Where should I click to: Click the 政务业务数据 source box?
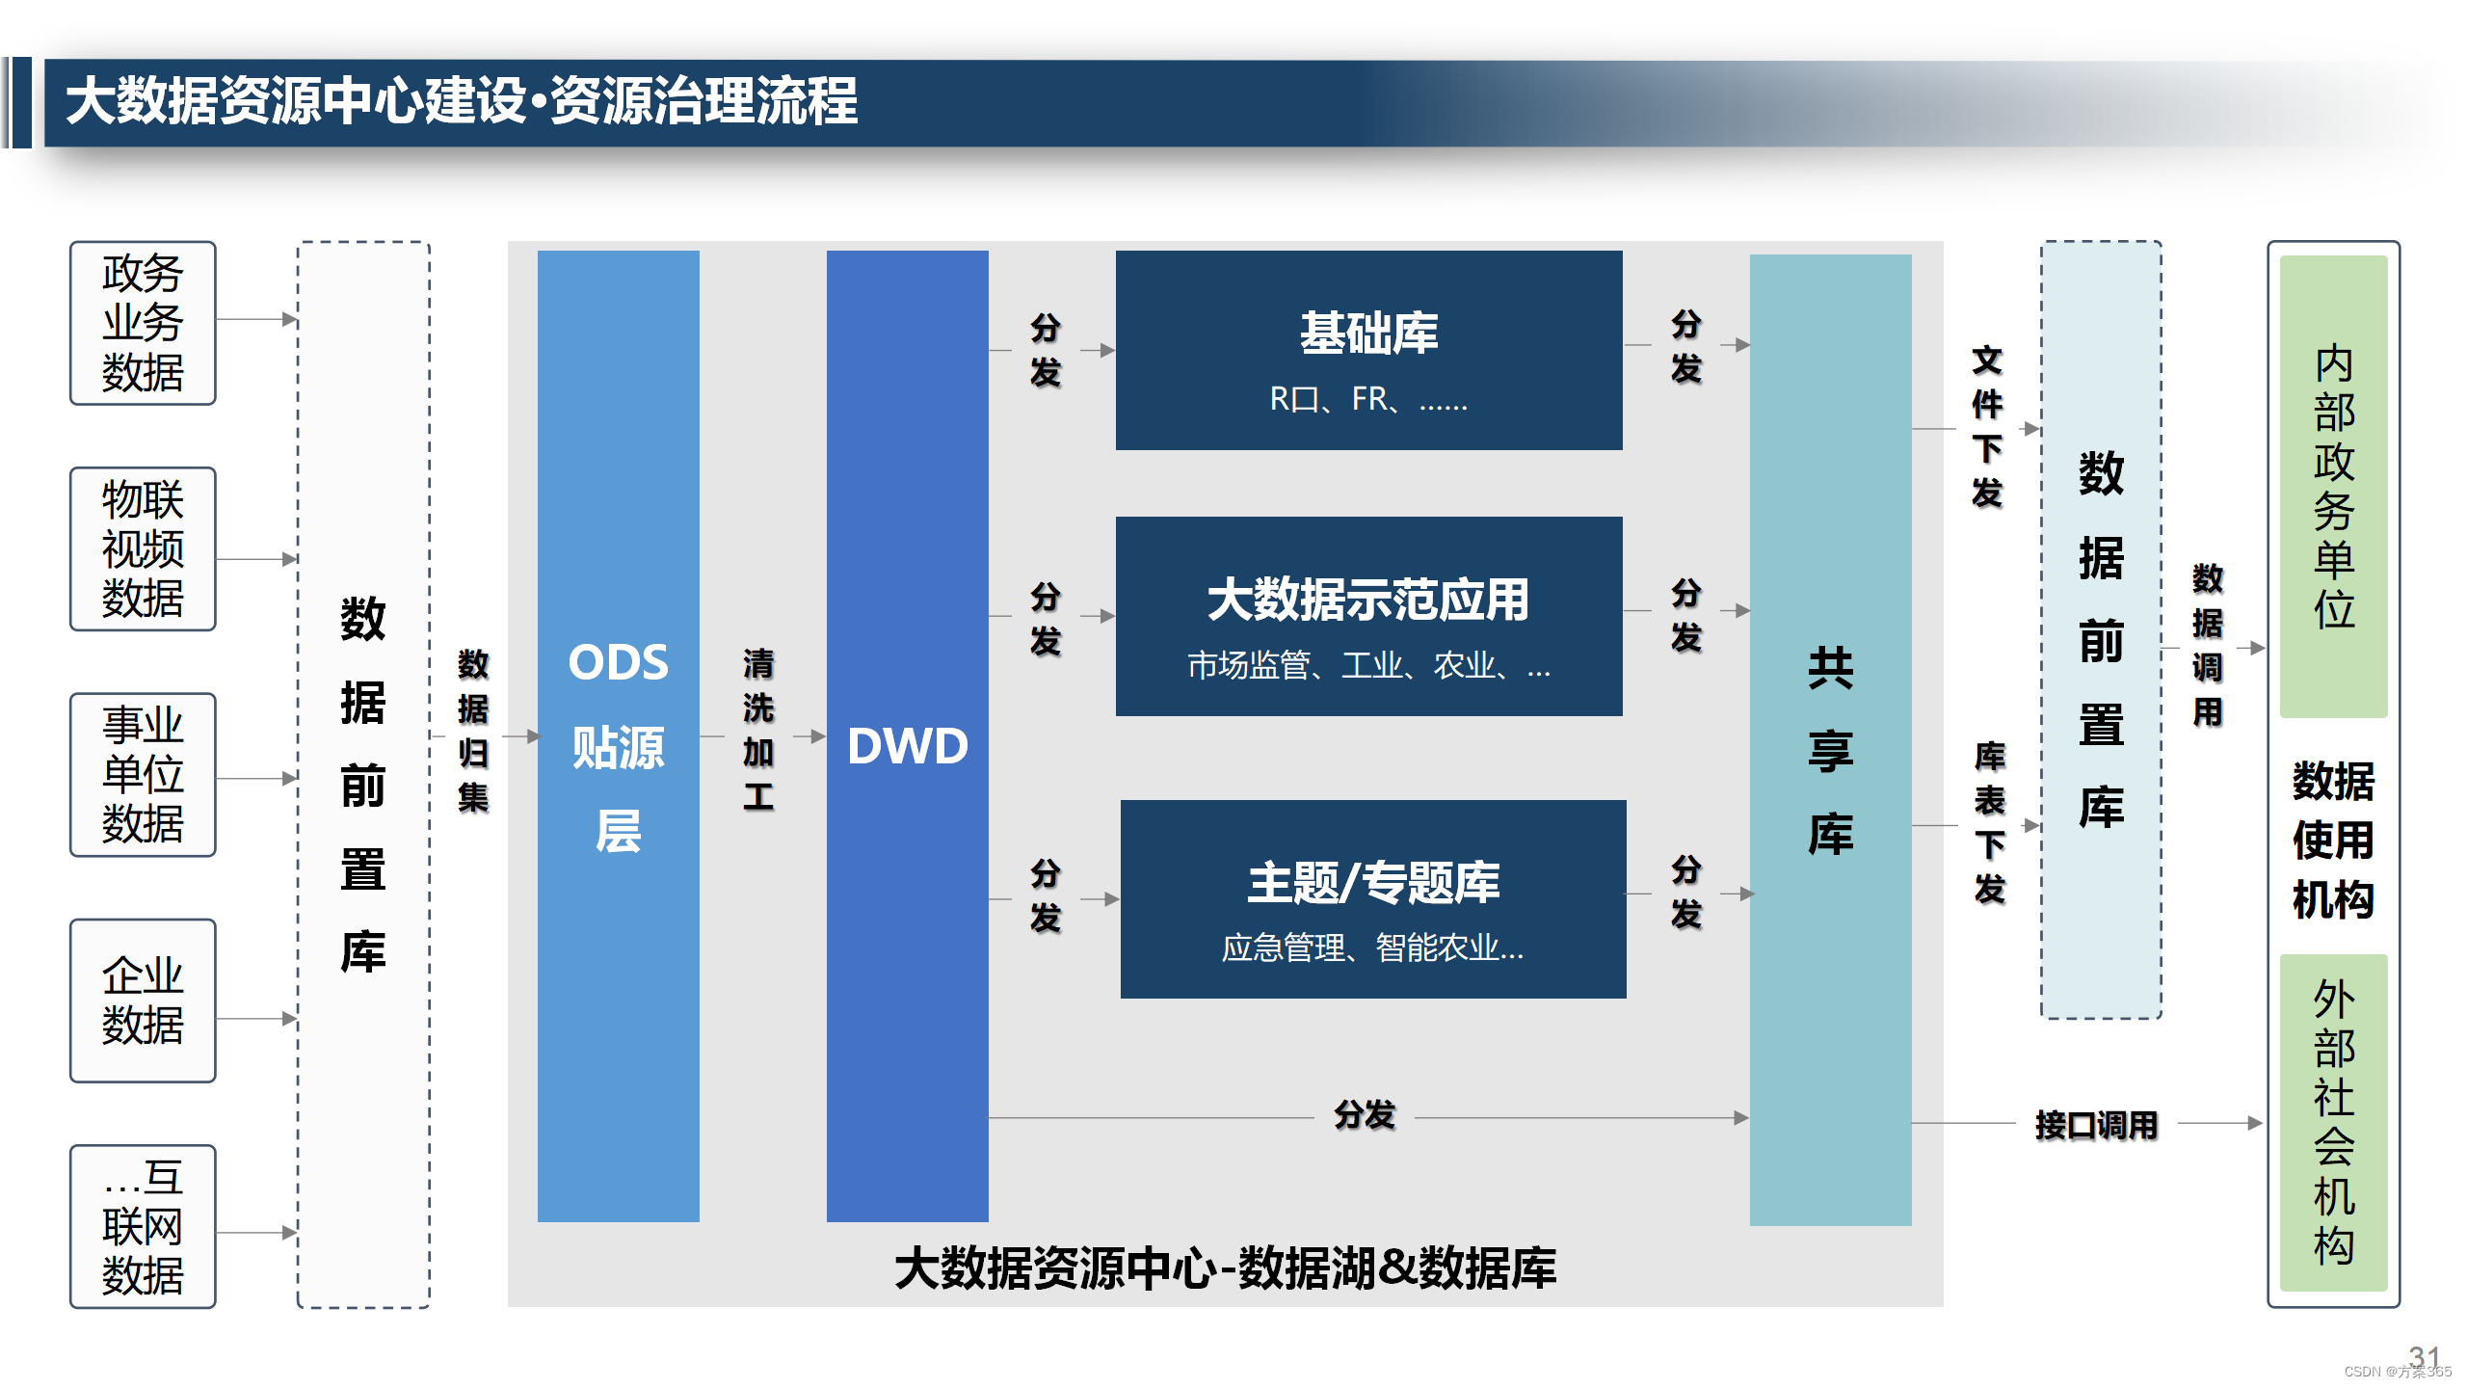coord(143,323)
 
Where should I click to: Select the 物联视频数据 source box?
coord(143,549)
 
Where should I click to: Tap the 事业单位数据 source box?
coord(143,775)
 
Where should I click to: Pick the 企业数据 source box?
coord(143,1001)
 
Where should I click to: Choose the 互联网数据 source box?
coord(143,1226)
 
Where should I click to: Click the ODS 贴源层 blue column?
coord(619,736)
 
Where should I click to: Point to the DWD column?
coord(908,736)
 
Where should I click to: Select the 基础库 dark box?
coord(1368,350)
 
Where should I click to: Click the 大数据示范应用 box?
coord(1368,616)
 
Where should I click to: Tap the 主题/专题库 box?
coord(1373,898)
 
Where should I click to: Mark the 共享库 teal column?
coord(1831,740)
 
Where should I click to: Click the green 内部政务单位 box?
coord(2333,487)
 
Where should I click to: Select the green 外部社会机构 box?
coord(2333,1122)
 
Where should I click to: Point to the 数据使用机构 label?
coord(2333,840)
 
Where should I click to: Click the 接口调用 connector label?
coord(2096,1125)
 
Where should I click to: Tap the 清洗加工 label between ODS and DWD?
coord(758,730)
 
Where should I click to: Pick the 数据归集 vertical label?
coord(473,730)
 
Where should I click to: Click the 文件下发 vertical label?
coord(1987,426)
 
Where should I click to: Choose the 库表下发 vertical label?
coord(1990,822)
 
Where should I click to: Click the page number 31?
coord(2425,1356)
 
